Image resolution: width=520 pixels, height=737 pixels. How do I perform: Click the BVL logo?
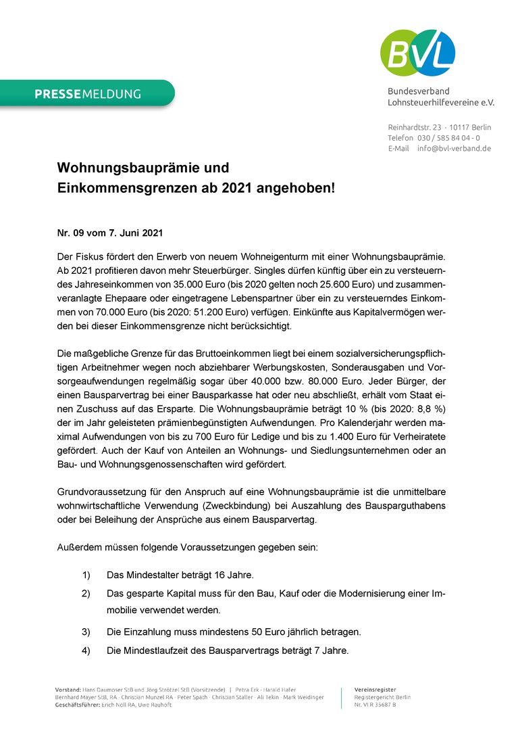pos(417,53)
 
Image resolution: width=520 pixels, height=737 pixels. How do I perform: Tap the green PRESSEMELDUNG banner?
pos(88,94)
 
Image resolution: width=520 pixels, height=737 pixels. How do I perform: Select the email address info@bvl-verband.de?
pos(454,148)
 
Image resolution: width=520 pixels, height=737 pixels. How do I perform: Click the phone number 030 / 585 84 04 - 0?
pos(448,138)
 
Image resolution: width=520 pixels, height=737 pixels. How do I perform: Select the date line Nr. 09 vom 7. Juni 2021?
pos(109,233)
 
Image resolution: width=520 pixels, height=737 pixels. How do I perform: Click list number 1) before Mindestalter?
pos(86,575)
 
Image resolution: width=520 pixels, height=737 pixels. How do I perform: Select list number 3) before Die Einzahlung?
pos(86,632)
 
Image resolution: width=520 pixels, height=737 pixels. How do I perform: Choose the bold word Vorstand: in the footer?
pos(68,689)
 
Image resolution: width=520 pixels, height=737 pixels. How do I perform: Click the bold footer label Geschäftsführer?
pos(78,705)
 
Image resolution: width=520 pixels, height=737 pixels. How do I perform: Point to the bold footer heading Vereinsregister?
pos(375,689)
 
